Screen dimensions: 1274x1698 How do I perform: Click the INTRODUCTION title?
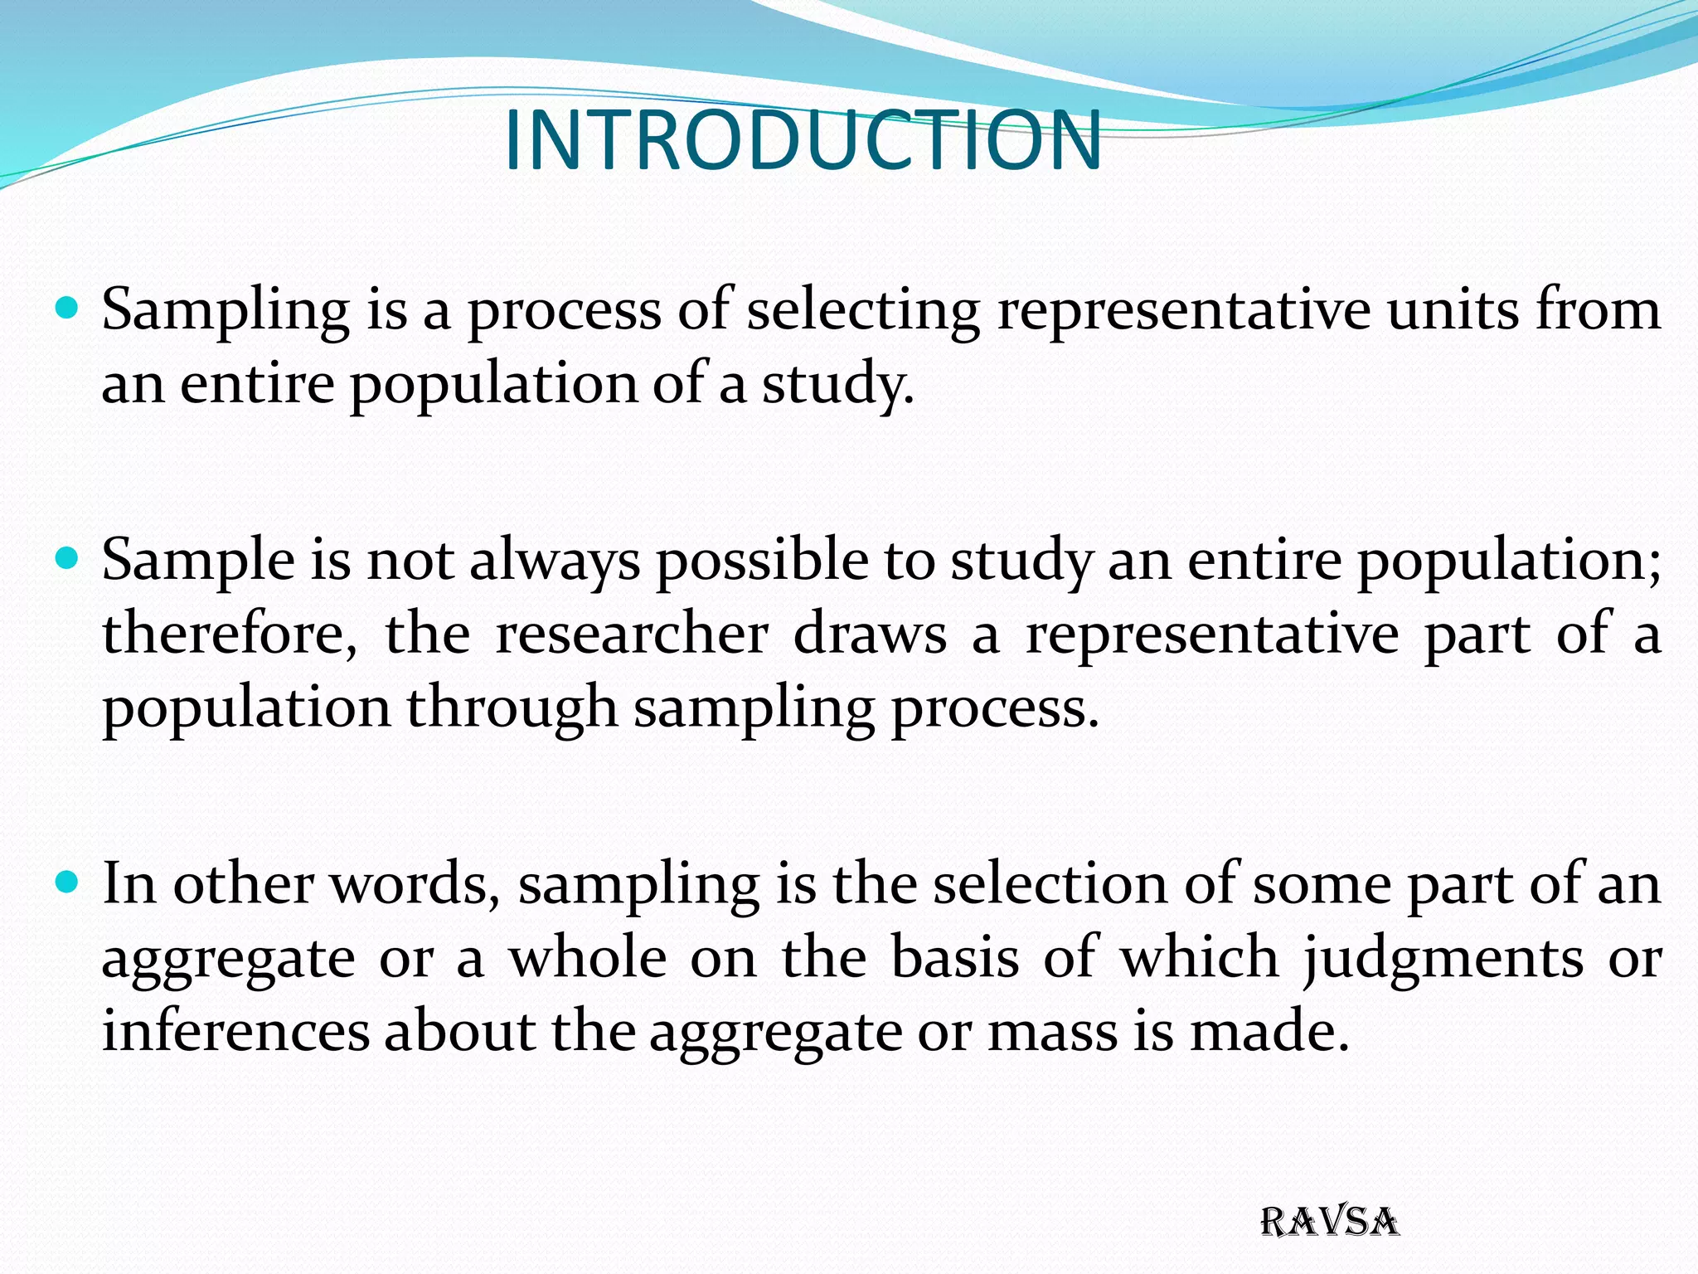coord(803,140)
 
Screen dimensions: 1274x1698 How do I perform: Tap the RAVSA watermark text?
coord(1329,1223)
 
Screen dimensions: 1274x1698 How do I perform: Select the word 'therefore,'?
coord(230,634)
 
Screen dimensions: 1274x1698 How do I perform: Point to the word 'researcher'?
coord(632,634)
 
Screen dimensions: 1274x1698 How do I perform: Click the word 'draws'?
coord(870,634)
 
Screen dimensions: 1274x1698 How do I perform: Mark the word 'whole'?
coord(588,958)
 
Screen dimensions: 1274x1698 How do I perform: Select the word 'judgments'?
coord(1443,960)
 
